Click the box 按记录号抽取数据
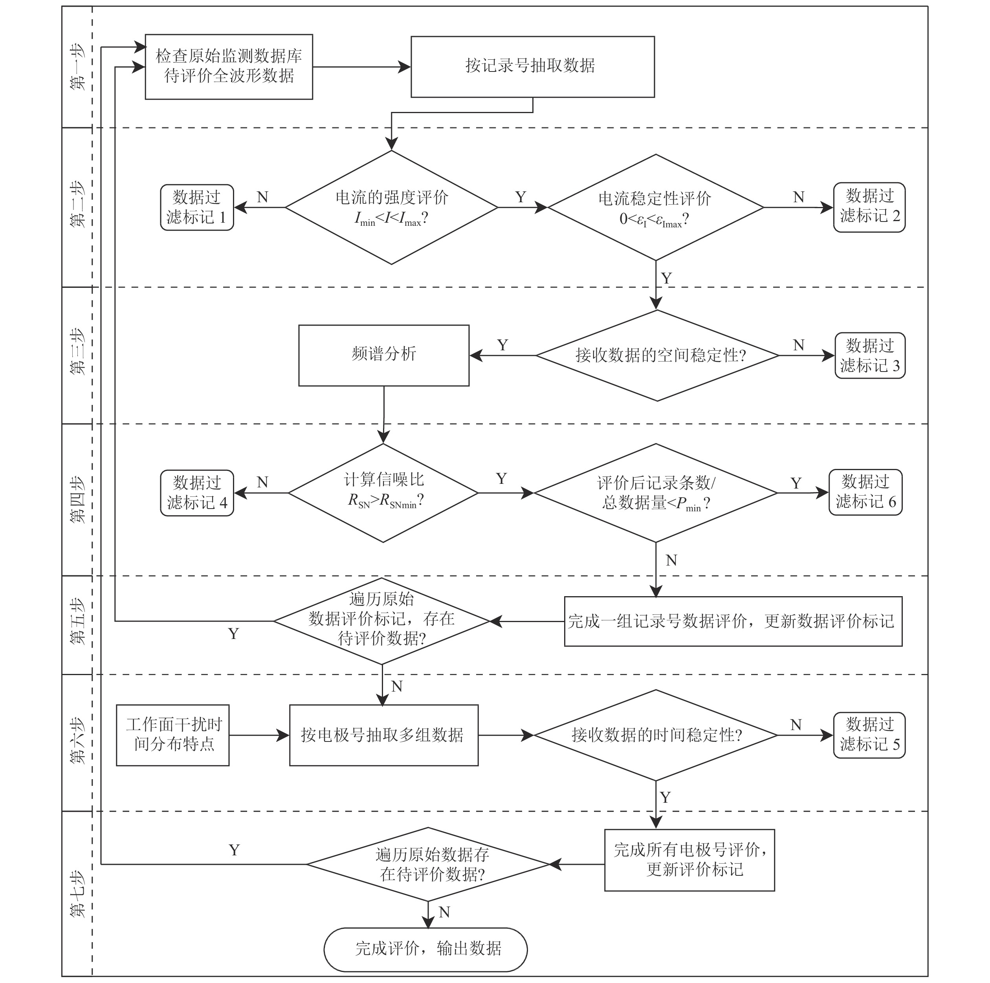coord(532,67)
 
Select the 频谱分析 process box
coord(384,355)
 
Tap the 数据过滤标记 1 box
coord(197,207)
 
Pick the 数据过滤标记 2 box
coord(869,207)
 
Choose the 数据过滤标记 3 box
coord(869,355)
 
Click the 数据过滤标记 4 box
coord(197,493)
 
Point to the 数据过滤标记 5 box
coord(869,735)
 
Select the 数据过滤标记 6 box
coord(865,492)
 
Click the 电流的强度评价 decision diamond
coord(392,207)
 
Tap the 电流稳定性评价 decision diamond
coord(655,207)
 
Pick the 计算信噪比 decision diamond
coord(383,493)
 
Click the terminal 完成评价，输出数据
coord(425,949)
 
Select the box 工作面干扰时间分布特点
coord(173,735)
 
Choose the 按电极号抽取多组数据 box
coord(384,735)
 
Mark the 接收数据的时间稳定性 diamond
coord(655,735)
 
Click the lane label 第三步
coord(77,352)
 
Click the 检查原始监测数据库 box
coord(229,67)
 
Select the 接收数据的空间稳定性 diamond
coord(657,355)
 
